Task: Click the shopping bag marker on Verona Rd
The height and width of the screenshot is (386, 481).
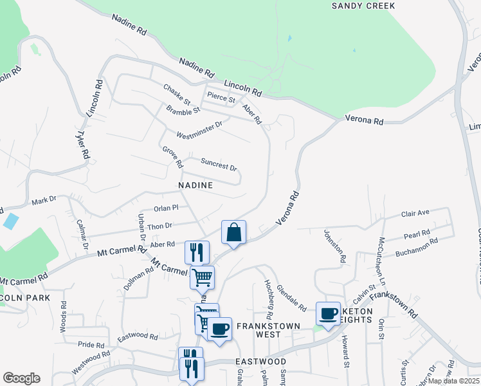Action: [233, 232]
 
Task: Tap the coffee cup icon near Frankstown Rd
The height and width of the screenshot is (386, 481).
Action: [329, 314]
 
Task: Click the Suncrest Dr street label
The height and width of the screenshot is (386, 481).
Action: [219, 164]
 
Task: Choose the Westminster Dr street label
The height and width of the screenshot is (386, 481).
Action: [199, 130]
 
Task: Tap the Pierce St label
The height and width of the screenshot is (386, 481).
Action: [221, 98]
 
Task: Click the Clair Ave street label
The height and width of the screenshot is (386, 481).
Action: [415, 213]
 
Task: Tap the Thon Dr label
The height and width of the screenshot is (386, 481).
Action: [160, 226]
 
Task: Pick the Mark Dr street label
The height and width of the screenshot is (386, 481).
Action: [44, 202]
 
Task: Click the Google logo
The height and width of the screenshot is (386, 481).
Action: [21, 378]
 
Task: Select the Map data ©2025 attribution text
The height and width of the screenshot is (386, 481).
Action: [453, 381]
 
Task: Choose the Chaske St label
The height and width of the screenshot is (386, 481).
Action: [176, 95]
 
